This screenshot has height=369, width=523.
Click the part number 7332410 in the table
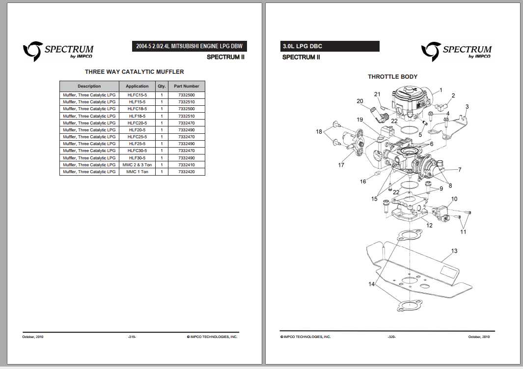click(186, 165)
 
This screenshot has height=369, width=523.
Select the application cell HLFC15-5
click(137, 94)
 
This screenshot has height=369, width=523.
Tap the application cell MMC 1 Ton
click(137, 172)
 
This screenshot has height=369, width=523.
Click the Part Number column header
click(186, 86)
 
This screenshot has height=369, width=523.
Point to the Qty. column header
click(162, 86)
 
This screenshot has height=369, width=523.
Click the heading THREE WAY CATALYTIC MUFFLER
click(134, 72)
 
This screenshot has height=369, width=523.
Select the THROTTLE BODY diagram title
click(392, 77)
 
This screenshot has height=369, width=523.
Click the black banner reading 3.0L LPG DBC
click(329, 46)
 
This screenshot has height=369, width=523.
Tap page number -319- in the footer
click(132, 337)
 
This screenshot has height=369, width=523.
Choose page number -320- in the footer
click(391, 337)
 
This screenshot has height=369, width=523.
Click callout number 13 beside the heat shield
click(454, 251)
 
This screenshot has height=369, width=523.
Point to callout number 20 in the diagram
click(359, 101)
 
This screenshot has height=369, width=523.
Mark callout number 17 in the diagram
click(341, 165)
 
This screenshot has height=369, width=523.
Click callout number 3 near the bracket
click(467, 106)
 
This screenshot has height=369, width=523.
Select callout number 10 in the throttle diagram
click(454, 199)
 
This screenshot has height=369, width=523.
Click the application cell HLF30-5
click(137, 158)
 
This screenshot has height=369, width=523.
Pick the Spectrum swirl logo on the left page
click(32, 51)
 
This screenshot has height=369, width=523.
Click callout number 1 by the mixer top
click(440, 90)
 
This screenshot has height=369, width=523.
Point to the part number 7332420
click(186, 172)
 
